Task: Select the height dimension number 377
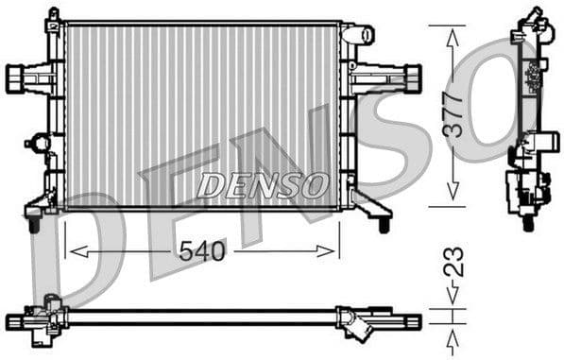[x=454, y=113]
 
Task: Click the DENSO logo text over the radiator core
[x=262, y=185]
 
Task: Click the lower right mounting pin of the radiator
[x=385, y=225]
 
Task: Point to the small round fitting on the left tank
[x=39, y=144]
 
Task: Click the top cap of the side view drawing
[x=535, y=16]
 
